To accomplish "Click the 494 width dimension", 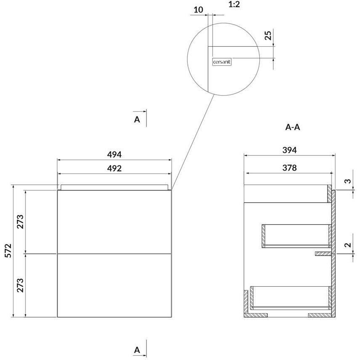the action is [115, 155].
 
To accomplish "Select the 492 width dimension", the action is [115, 168].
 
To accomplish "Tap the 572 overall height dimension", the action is [8, 251].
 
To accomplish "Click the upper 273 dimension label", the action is [20, 221].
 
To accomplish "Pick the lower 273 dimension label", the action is [20, 285].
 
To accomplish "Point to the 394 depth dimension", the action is [290, 150].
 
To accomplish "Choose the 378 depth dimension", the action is [290, 168].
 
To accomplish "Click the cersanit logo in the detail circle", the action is [221, 62].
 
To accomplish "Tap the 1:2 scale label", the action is [234, 4].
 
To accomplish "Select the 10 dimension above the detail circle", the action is [199, 10].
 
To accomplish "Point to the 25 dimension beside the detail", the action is [268, 35].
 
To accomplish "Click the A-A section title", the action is [293, 127].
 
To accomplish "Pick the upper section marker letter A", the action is [137, 120].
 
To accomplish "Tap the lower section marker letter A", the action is [137, 350].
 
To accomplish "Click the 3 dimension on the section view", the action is [348, 181].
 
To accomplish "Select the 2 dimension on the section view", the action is [348, 245].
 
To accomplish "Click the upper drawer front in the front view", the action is [115, 222].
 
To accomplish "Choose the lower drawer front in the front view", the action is [115, 285].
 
